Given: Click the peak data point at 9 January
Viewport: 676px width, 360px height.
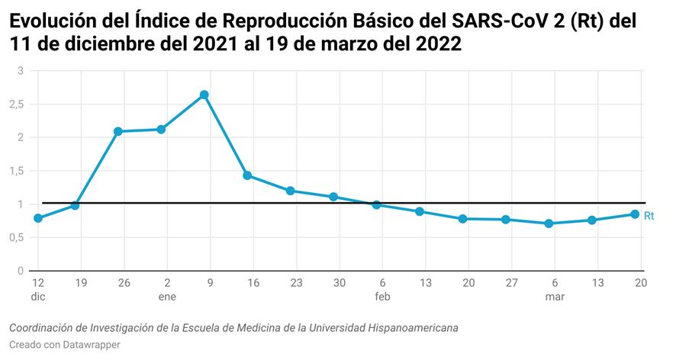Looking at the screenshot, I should (204, 95).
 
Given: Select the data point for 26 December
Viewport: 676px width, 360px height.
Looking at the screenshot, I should (117, 131).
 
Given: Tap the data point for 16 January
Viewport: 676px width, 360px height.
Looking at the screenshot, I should (247, 175).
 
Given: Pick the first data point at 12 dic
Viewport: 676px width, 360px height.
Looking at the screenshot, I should (38, 218).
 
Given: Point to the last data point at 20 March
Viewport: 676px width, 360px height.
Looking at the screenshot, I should (635, 214).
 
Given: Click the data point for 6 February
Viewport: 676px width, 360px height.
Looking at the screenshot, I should (376, 204).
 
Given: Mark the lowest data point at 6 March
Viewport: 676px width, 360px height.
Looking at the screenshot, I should (549, 223).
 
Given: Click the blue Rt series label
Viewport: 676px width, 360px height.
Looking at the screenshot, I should (649, 216).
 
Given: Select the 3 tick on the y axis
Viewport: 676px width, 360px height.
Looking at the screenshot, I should (21, 71).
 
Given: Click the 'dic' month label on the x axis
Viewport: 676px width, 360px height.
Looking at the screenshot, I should (38, 297).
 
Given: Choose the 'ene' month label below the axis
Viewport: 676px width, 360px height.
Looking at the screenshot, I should (167, 297).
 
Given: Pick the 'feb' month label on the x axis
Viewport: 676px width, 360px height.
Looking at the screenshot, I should (382, 297).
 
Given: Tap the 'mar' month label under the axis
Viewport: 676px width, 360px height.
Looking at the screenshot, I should (555, 297).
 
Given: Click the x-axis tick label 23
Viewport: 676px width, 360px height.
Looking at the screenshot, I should (296, 283).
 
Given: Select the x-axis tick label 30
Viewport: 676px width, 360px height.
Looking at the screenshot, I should (340, 283).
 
